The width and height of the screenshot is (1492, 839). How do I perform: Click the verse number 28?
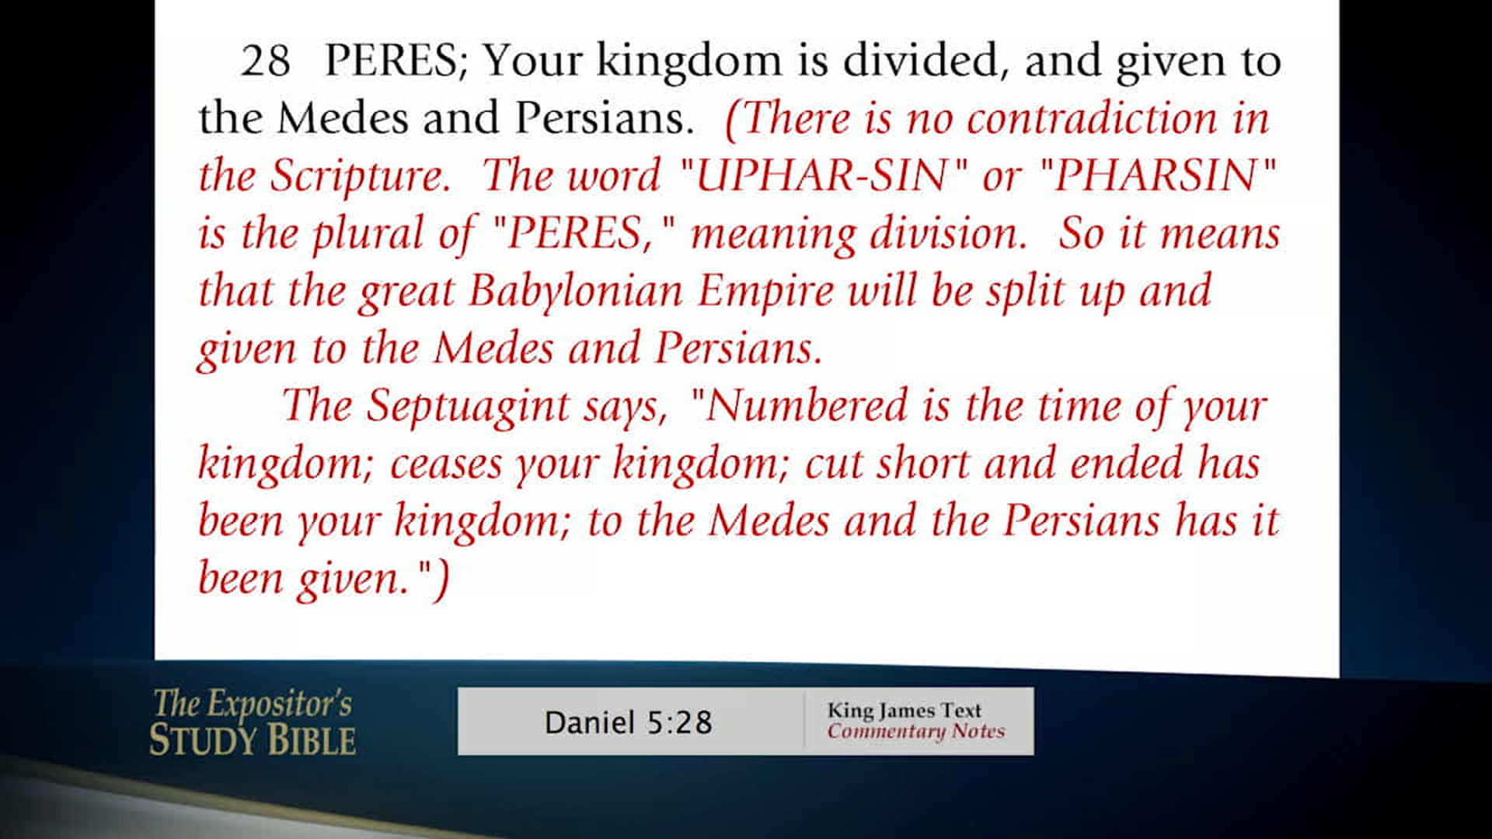[x=265, y=61]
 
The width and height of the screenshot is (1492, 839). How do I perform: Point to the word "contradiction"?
[x=1092, y=119]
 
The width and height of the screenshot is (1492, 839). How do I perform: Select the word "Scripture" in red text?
[x=360, y=176]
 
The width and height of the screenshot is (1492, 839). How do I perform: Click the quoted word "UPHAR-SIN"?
[x=820, y=176]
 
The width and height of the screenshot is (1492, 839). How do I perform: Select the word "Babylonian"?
[x=576, y=291]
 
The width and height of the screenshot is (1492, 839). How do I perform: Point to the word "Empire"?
[x=765, y=291]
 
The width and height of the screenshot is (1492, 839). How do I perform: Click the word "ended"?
[x=1126, y=464]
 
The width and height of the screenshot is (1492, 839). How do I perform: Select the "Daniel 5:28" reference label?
[x=628, y=722]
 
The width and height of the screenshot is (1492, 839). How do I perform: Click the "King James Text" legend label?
[x=904, y=710]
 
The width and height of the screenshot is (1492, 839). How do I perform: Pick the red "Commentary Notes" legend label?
[x=915, y=731]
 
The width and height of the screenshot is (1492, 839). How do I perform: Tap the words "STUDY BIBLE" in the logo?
[x=253, y=740]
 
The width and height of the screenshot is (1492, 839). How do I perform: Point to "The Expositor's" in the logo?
[x=253, y=704]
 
